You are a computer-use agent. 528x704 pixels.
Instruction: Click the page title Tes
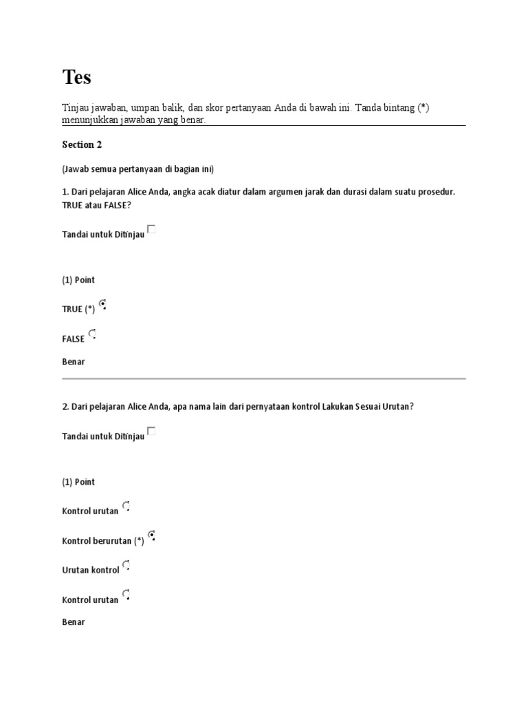pos(76,78)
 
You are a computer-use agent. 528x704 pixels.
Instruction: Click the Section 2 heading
pos(82,144)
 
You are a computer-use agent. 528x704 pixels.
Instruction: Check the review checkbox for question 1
pos(151,230)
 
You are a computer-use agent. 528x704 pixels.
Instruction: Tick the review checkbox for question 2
pos(151,431)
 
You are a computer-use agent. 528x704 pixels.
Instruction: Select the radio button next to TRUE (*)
pos(102,304)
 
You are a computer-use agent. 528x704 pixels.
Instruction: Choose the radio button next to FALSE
pos(92,334)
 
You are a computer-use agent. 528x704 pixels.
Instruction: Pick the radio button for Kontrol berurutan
pos(151,535)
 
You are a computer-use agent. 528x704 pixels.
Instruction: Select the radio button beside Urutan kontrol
pos(126,566)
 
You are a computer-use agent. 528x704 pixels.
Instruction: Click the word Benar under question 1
pos(74,362)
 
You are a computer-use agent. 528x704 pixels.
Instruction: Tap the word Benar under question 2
pos(74,621)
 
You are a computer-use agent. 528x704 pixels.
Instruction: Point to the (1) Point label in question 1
pos(78,280)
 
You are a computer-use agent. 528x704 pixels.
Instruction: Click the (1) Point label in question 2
pos(78,482)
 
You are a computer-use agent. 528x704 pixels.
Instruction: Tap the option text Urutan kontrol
pos(90,570)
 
